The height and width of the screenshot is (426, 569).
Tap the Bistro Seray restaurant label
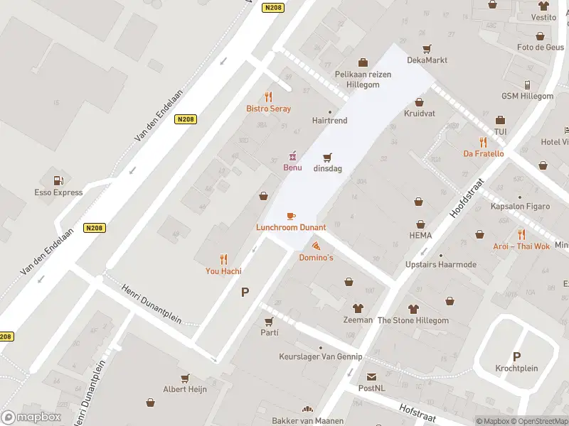point(268,109)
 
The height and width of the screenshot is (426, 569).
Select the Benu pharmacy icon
point(292,155)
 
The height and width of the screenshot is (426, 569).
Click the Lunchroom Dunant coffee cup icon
point(291,216)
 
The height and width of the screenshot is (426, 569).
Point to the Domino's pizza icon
point(316,246)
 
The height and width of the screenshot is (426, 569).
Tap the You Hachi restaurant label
point(223,271)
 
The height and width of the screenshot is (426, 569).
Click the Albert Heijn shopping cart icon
point(185,378)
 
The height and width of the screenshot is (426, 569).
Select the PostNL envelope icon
point(371,377)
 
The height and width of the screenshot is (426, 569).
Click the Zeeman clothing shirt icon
point(358,308)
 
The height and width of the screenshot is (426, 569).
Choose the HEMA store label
point(420,235)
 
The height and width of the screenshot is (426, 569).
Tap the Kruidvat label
point(420,114)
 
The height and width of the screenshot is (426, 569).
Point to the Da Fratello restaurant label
point(483,153)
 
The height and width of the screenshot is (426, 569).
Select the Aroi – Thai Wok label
point(521,246)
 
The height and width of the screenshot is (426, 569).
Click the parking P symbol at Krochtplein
point(516,356)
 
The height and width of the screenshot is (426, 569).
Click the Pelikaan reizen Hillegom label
point(363,79)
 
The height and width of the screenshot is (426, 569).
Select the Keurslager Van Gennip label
point(321,356)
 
